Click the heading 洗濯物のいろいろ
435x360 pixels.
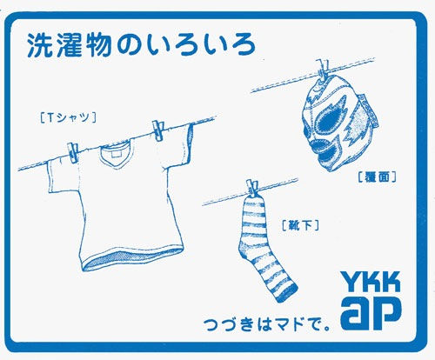click(x=141, y=46)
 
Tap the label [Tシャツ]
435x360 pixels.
click(x=68, y=117)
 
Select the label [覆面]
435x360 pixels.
click(x=377, y=177)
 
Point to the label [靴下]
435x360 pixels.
click(x=300, y=225)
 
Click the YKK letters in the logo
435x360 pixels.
click(x=371, y=282)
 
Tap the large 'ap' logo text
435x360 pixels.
click(x=371, y=313)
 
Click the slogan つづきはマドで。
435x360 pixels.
click(x=267, y=324)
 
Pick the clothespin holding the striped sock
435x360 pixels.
click(x=252, y=189)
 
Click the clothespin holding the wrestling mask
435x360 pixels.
click(x=323, y=70)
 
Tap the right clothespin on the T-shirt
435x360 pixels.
click(x=158, y=130)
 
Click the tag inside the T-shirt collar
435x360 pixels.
click(x=116, y=154)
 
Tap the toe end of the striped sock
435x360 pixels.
click(x=285, y=293)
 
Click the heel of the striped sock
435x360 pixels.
click(x=243, y=250)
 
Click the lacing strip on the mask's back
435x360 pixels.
click(x=369, y=111)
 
